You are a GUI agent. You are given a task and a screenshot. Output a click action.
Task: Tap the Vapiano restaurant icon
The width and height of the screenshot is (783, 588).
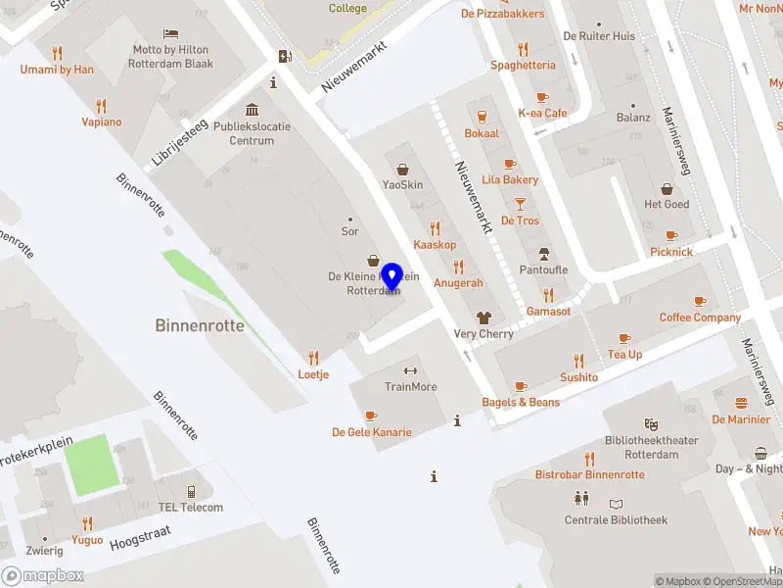pyautogui.click(x=101, y=106)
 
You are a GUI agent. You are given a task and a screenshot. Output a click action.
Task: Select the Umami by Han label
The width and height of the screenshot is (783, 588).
pyautogui.click(x=57, y=70)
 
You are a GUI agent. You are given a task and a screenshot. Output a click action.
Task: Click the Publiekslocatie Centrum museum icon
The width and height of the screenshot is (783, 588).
pyautogui.click(x=253, y=110)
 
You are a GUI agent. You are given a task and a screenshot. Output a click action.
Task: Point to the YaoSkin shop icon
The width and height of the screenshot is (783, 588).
pyautogui.click(x=402, y=170)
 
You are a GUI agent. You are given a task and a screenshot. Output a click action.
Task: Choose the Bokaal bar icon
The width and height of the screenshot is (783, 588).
pyautogui.click(x=482, y=117)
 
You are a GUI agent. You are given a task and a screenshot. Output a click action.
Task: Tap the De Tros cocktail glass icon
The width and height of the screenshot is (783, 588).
pyautogui.click(x=520, y=204)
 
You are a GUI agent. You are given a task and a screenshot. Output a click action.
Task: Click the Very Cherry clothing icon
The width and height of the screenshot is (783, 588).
pyautogui.click(x=484, y=318)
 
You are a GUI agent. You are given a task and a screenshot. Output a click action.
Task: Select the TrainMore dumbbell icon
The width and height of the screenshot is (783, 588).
pyautogui.click(x=410, y=370)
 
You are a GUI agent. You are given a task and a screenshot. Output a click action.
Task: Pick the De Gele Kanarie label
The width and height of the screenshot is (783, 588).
pyautogui.click(x=371, y=432)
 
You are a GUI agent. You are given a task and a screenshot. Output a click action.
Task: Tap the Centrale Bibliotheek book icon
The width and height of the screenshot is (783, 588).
pyautogui.click(x=616, y=504)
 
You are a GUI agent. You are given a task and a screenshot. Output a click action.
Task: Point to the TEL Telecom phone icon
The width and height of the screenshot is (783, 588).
pyautogui.click(x=191, y=491)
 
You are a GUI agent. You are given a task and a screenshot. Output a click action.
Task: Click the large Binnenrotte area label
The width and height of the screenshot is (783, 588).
pyautogui.click(x=200, y=325)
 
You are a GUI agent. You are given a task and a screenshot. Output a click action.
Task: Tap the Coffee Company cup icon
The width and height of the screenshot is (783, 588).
pyautogui.click(x=699, y=301)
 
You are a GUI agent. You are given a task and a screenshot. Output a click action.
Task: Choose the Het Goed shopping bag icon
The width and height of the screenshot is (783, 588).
pyautogui.click(x=667, y=188)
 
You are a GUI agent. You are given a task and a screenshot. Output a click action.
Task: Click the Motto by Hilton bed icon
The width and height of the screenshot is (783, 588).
pyautogui.click(x=172, y=33)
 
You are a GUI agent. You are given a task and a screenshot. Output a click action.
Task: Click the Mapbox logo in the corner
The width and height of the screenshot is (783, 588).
pyautogui.click(x=43, y=575)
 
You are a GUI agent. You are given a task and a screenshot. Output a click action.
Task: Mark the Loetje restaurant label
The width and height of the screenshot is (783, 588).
pyautogui.click(x=313, y=374)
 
